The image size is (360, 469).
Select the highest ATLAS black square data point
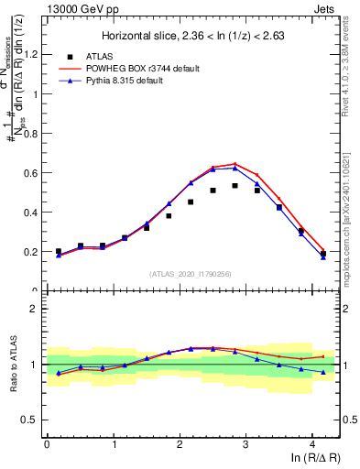point(235,186)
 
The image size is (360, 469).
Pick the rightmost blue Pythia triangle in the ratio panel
point(323,372)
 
